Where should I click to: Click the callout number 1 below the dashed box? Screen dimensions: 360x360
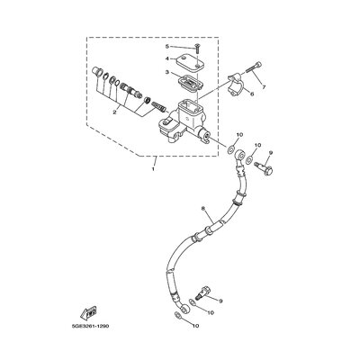coord(153,169)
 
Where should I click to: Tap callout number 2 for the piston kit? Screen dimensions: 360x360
coord(114,112)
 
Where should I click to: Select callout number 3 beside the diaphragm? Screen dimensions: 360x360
coord(166,72)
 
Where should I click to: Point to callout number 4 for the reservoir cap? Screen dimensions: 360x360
coord(166,58)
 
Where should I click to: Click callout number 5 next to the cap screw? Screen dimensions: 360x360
coord(166,46)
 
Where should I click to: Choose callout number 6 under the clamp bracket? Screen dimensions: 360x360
coord(252,94)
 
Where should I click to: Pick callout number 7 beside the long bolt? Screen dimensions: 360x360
coord(264,87)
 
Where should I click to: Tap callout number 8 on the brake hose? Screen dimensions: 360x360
coord(203,208)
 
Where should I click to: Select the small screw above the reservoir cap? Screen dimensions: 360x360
coord(197,48)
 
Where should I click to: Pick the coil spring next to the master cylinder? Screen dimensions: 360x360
coord(158,107)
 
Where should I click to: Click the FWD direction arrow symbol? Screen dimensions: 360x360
coord(88,312)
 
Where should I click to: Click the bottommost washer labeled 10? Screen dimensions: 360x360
coord(177,315)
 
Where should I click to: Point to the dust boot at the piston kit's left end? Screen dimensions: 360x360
coord(95,73)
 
